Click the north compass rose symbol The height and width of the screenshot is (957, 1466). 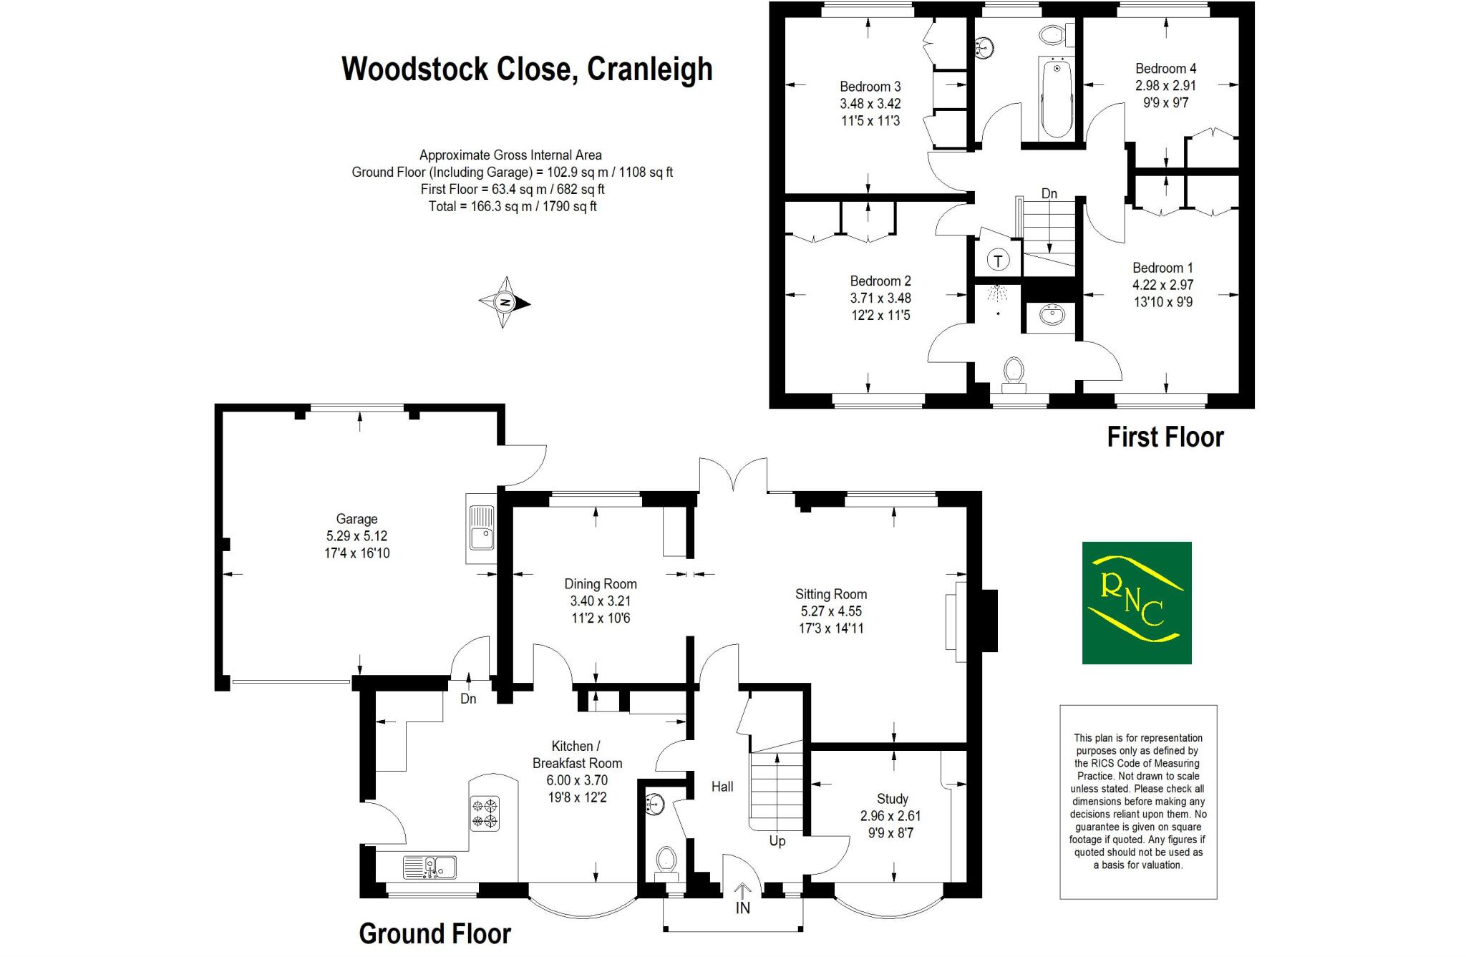click(x=505, y=303)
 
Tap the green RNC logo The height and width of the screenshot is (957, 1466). click(x=1136, y=603)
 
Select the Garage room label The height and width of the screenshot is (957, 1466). click(x=356, y=519)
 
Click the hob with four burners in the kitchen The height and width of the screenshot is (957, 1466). click(x=485, y=814)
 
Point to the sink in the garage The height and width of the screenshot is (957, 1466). click(x=480, y=528)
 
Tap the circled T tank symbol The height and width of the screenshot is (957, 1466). click(x=998, y=260)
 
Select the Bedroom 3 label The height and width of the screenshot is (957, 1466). click(x=870, y=87)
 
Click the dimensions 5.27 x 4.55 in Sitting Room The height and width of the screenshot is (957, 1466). click(x=830, y=611)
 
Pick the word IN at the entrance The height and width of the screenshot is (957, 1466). click(x=743, y=908)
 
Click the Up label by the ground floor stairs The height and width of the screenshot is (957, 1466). click(x=777, y=841)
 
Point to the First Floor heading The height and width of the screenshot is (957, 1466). click(x=1165, y=437)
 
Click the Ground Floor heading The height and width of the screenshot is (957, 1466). click(x=435, y=933)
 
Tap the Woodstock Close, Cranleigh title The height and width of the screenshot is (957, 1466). click(x=527, y=69)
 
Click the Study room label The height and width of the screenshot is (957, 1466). click(x=892, y=799)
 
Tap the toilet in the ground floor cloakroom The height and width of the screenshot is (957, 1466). click(x=666, y=861)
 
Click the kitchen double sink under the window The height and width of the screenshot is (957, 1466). click(x=429, y=867)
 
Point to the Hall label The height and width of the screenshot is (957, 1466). click(x=722, y=787)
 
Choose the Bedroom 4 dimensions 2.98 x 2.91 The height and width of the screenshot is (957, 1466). click(x=1165, y=85)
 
